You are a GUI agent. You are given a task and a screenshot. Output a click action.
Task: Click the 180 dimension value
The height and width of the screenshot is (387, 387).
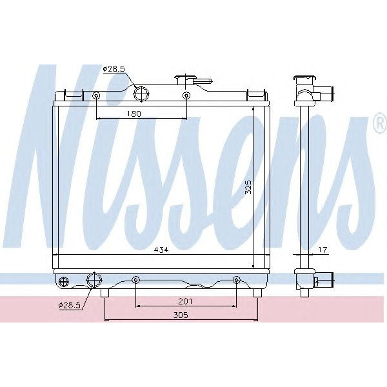[x=134, y=114]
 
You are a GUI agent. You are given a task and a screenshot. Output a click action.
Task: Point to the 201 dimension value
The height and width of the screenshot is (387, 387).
[x=185, y=301]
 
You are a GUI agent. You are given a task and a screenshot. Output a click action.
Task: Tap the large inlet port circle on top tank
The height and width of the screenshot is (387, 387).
[x=141, y=95]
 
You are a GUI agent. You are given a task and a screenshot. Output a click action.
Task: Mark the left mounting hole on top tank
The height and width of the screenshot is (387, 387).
[x=96, y=97]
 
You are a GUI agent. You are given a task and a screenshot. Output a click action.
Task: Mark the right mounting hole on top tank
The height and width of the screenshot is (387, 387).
[x=186, y=97]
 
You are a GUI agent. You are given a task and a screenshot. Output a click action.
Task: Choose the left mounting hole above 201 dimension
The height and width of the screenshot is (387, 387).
[x=135, y=280]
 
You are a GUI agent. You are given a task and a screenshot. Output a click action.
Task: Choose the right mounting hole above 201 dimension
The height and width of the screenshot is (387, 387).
[x=236, y=280]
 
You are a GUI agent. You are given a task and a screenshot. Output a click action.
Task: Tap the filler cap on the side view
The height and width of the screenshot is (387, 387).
[x=304, y=82]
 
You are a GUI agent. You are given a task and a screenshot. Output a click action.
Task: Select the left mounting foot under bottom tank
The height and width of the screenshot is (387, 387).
[x=105, y=293]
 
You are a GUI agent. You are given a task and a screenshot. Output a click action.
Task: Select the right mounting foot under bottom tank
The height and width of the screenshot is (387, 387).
[x=257, y=293]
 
